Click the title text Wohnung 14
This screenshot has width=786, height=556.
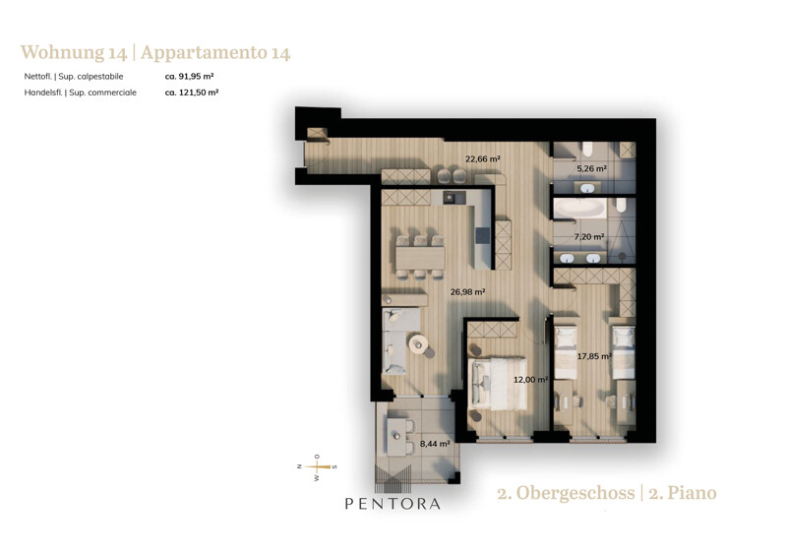pos(74,52)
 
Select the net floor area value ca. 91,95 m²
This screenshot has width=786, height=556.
pos(190,76)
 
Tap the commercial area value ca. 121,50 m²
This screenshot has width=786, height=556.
pos(192,93)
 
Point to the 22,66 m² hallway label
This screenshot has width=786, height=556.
pos(483,159)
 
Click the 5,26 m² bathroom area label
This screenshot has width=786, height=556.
pos(591,168)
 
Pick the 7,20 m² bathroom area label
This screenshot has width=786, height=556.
pos(589,236)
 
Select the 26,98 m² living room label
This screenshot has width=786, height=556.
pos(467,291)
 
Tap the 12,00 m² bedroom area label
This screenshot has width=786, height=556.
pos(530,380)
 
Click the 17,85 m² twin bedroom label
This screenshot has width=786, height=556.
pos(594,356)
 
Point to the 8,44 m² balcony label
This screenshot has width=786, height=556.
pos(435,444)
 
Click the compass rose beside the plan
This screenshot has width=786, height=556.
pos(317,467)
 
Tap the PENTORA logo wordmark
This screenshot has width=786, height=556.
pos(393,504)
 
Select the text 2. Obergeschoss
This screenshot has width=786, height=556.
pos(566,493)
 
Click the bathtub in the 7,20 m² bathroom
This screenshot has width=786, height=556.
pos(580,208)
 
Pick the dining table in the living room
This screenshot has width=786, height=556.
pos(420,258)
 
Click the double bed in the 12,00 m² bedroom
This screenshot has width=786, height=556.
pos(500,384)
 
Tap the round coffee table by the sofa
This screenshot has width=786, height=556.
pos(418,343)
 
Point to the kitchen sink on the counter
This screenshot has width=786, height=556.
pos(453,198)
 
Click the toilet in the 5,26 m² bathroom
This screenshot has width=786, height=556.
pos(587,149)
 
